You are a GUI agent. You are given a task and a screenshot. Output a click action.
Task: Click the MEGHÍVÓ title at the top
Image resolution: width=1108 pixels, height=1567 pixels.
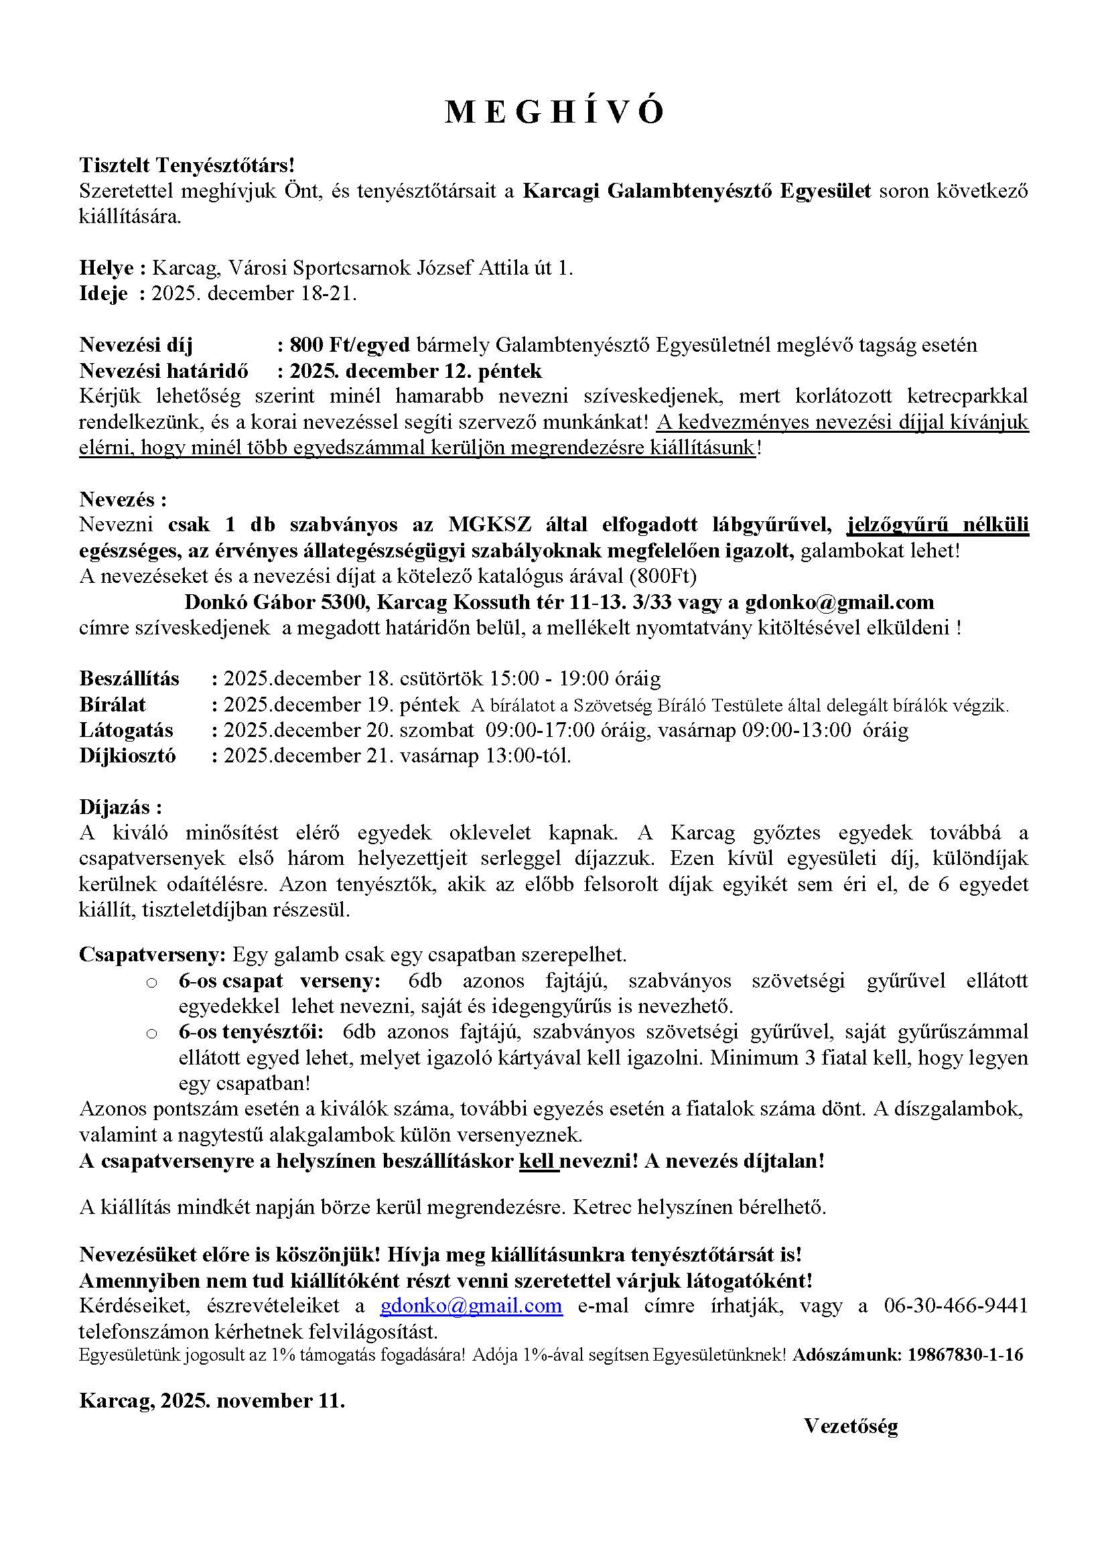tap(554, 113)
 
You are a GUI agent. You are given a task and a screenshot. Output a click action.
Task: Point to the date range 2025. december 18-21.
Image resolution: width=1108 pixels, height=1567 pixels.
tap(254, 294)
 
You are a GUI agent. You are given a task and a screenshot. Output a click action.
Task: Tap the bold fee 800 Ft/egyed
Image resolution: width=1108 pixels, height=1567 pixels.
tap(349, 345)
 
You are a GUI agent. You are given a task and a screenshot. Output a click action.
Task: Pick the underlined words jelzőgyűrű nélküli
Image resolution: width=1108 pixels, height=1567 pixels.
tap(937, 524)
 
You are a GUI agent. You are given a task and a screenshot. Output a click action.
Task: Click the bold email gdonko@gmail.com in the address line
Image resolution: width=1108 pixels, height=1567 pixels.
tap(839, 602)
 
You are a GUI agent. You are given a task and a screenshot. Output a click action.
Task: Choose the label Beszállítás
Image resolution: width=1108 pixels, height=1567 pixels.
tap(130, 679)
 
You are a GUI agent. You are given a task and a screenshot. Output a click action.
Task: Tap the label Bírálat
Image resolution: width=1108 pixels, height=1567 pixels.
tap(113, 704)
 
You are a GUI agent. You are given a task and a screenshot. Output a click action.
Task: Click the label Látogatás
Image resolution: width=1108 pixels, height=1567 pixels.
tap(126, 730)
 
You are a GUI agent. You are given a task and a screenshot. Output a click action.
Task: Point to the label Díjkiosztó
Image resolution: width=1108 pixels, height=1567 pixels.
tap(127, 756)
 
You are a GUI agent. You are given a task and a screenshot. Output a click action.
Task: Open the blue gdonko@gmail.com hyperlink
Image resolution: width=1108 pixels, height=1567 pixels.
tap(472, 1306)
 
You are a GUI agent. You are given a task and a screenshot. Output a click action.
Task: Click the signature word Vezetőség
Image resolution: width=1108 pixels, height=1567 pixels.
tap(851, 1426)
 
